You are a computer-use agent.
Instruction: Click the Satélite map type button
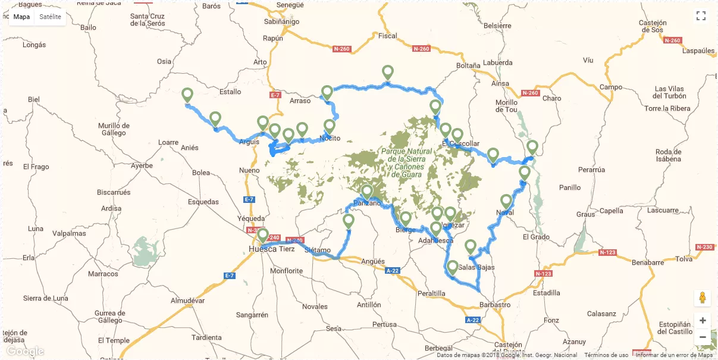pyautogui.click(x=50, y=17)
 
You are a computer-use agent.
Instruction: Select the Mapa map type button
pyautogui.click(x=21, y=17)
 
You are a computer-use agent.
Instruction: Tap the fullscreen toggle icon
pyautogui.click(x=701, y=16)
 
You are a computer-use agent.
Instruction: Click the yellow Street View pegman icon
pyautogui.click(x=703, y=298)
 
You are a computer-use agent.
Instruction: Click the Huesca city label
pyautogui.click(x=262, y=249)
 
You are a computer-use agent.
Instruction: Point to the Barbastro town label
pyautogui.click(x=494, y=305)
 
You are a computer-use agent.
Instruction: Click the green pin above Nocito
pyautogui.click(x=330, y=127)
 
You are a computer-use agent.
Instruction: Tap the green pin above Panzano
pyautogui.click(x=367, y=192)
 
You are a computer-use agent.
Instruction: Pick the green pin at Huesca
pyautogui.click(x=263, y=235)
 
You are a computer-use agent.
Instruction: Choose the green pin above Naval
pyautogui.click(x=506, y=201)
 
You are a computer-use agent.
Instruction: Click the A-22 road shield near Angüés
pyautogui.click(x=392, y=270)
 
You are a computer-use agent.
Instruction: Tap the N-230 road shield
pyautogui.click(x=704, y=247)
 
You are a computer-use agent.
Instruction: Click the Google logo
pyautogui.click(x=25, y=351)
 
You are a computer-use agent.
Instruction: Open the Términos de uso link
pyautogui.click(x=606, y=355)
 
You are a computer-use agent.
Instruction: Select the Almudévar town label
pyautogui.click(x=187, y=301)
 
